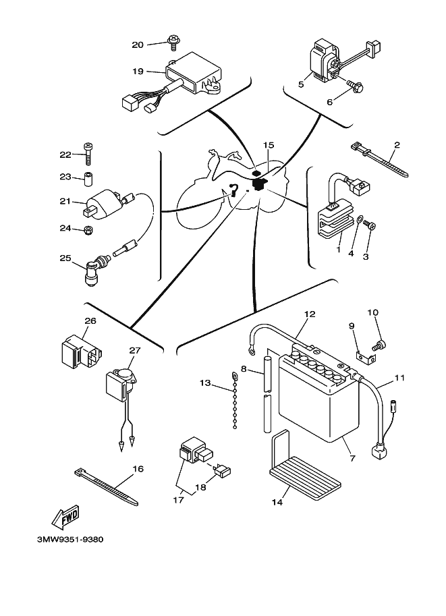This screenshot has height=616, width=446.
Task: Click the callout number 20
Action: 138,45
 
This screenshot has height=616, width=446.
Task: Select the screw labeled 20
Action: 172,42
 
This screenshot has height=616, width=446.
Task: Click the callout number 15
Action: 269,145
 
